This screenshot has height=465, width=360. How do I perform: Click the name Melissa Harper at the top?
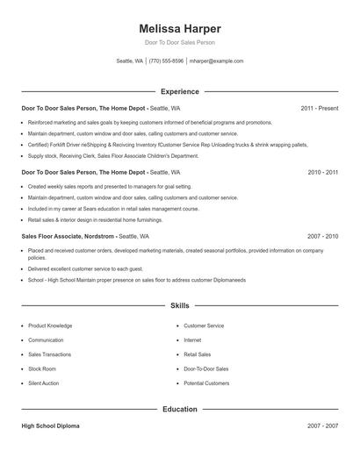(x=179, y=28)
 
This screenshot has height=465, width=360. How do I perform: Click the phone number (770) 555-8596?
(x=166, y=61)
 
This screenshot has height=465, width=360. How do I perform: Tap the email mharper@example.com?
(x=216, y=61)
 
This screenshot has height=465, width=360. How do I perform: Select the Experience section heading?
(x=179, y=91)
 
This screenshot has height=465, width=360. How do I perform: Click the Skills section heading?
(x=179, y=306)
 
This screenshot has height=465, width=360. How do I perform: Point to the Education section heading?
(x=179, y=409)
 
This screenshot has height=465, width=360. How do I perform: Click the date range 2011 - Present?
(x=319, y=108)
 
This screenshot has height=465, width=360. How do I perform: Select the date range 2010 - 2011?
(x=322, y=173)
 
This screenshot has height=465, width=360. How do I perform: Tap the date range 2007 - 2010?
(x=322, y=237)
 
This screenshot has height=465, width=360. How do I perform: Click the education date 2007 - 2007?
(x=322, y=426)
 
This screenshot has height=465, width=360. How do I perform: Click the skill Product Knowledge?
(x=50, y=325)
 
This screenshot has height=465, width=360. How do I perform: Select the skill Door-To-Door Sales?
(x=205, y=369)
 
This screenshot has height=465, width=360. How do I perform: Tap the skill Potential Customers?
(x=206, y=383)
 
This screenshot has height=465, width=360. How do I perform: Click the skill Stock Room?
(x=42, y=369)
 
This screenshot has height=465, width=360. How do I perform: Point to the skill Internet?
(x=192, y=340)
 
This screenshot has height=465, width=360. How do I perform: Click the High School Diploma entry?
(x=50, y=426)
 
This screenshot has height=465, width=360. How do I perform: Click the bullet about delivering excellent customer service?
(x=85, y=268)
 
